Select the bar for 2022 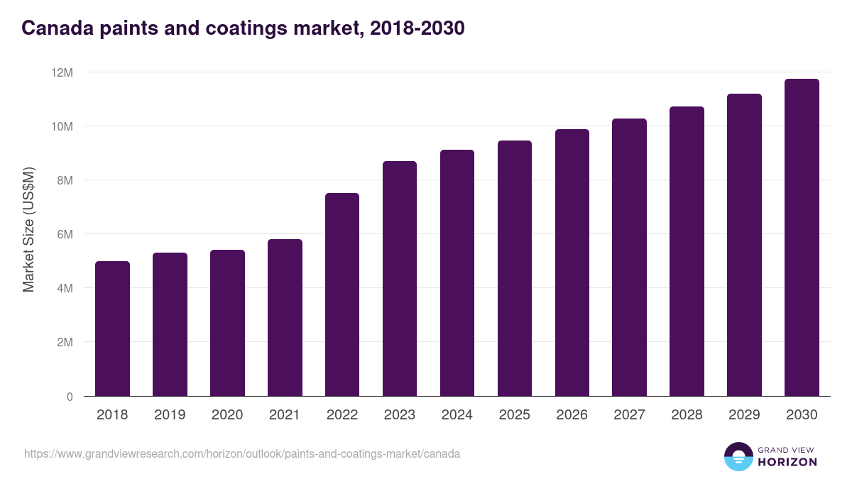coord(342,294)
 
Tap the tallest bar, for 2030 coord(802,238)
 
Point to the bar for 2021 coord(285,318)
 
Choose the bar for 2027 coord(629,258)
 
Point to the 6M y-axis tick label coord(65,234)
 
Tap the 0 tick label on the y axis coord(69,397)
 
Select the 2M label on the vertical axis coord(65,342)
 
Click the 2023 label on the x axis coord(400,415)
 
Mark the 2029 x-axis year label coord(744,415)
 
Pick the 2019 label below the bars coord(170,415)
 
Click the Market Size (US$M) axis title coord(28,229)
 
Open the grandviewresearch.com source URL coord(242,453)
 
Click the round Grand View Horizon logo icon coord(738,456)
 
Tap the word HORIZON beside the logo coord(787,462)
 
